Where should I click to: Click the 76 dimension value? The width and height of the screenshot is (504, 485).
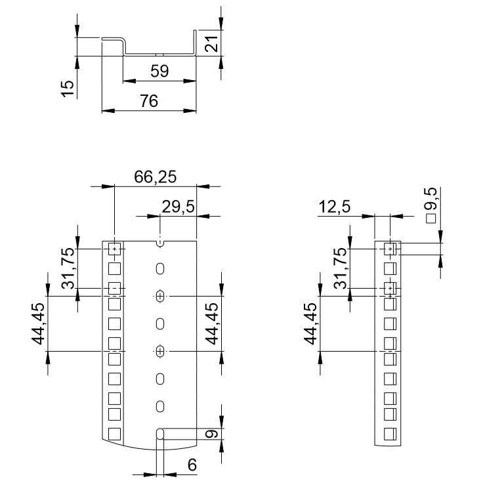tap(149, 101)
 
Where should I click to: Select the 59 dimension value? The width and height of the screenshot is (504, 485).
tap(159, 71)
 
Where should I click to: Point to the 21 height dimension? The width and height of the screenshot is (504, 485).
tap(212, 43)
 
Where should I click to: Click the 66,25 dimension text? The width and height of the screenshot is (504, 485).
tap(156, 177)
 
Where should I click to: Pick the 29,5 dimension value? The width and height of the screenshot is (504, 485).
tap(178, 207)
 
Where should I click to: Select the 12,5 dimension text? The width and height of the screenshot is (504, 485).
tap(334, 207)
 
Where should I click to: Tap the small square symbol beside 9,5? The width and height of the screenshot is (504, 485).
tap(431, 219)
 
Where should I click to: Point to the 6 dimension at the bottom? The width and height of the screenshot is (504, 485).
tap(192, 465)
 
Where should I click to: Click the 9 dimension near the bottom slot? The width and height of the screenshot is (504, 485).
tap(212, 434)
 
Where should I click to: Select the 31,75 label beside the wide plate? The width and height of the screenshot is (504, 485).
tap(68, 268)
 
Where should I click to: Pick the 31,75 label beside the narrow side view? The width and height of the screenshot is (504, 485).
tap(341, 268)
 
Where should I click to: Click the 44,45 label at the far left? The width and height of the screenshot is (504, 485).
tap(38, 324)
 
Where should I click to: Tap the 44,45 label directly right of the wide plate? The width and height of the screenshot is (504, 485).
tap(212, 324)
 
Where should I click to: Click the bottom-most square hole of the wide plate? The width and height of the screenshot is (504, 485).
tap(114, 434)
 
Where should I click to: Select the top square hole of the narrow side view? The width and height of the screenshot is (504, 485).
tap(390, 249)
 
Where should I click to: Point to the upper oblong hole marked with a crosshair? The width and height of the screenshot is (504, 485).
tap(160, 296)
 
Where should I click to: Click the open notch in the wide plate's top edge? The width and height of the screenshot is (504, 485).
tap(160, 244)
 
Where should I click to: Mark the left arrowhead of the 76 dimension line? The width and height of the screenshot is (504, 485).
tap(108, 111)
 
